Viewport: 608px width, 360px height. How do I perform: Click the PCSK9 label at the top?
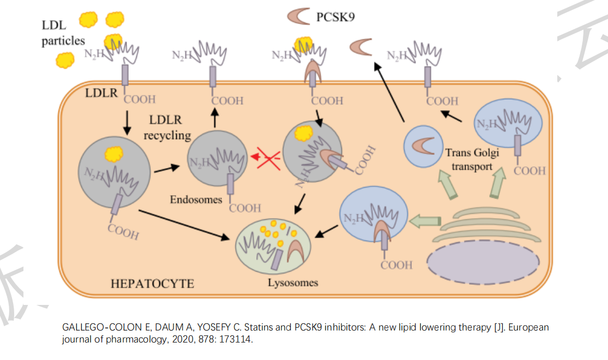pyautogui.click(x=335, y=17)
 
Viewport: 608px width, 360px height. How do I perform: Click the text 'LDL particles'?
pyautogui.click(x=63, y=33)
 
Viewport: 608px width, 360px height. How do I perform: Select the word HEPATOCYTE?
pyautogui.click(x=152, y=284)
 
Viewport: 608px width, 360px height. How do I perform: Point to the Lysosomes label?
pyautogui.click(x=293, y=283)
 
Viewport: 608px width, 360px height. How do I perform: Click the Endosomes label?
pyautogui.click(x=196, y=200)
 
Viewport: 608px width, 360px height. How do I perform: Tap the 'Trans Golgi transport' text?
pyautogui.click(x=472, y=160)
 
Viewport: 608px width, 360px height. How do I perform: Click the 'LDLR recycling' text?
pyautogui.click(x=167, y=127)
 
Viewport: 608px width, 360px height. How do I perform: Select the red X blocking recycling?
pyautogui.click(x=266, y=158)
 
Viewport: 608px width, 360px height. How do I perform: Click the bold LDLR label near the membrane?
pyautogui.click(x=101, y=93)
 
